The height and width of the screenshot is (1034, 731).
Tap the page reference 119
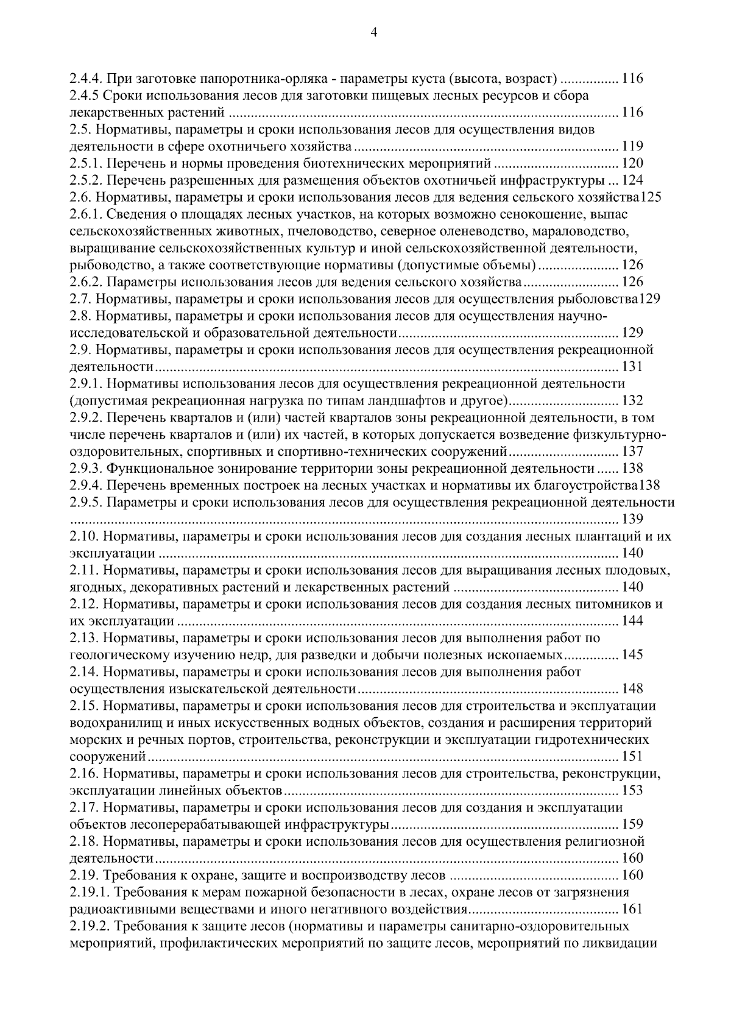click(632, 147)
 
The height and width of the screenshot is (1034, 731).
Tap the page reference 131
click(632, 367)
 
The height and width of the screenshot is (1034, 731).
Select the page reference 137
click(632, 452)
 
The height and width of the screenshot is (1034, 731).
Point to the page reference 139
click(632, 520)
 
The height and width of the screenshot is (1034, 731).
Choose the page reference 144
click(632, 621)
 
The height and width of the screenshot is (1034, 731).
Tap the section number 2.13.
click(82, 639)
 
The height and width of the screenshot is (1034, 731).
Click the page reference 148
click(632, 689)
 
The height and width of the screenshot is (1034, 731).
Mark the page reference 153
click(632, 791)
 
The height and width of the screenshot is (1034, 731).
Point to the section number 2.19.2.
click(88, 927)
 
